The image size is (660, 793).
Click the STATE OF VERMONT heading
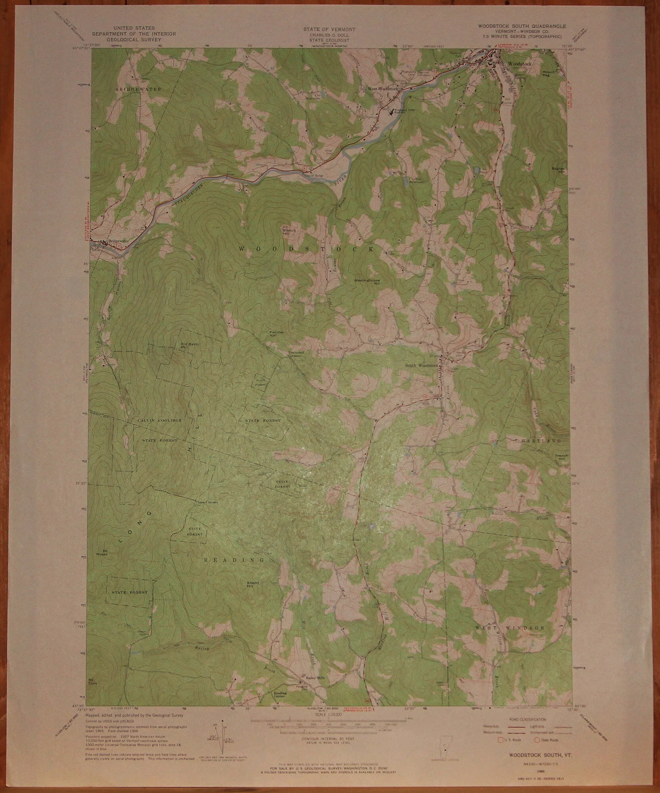329,30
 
